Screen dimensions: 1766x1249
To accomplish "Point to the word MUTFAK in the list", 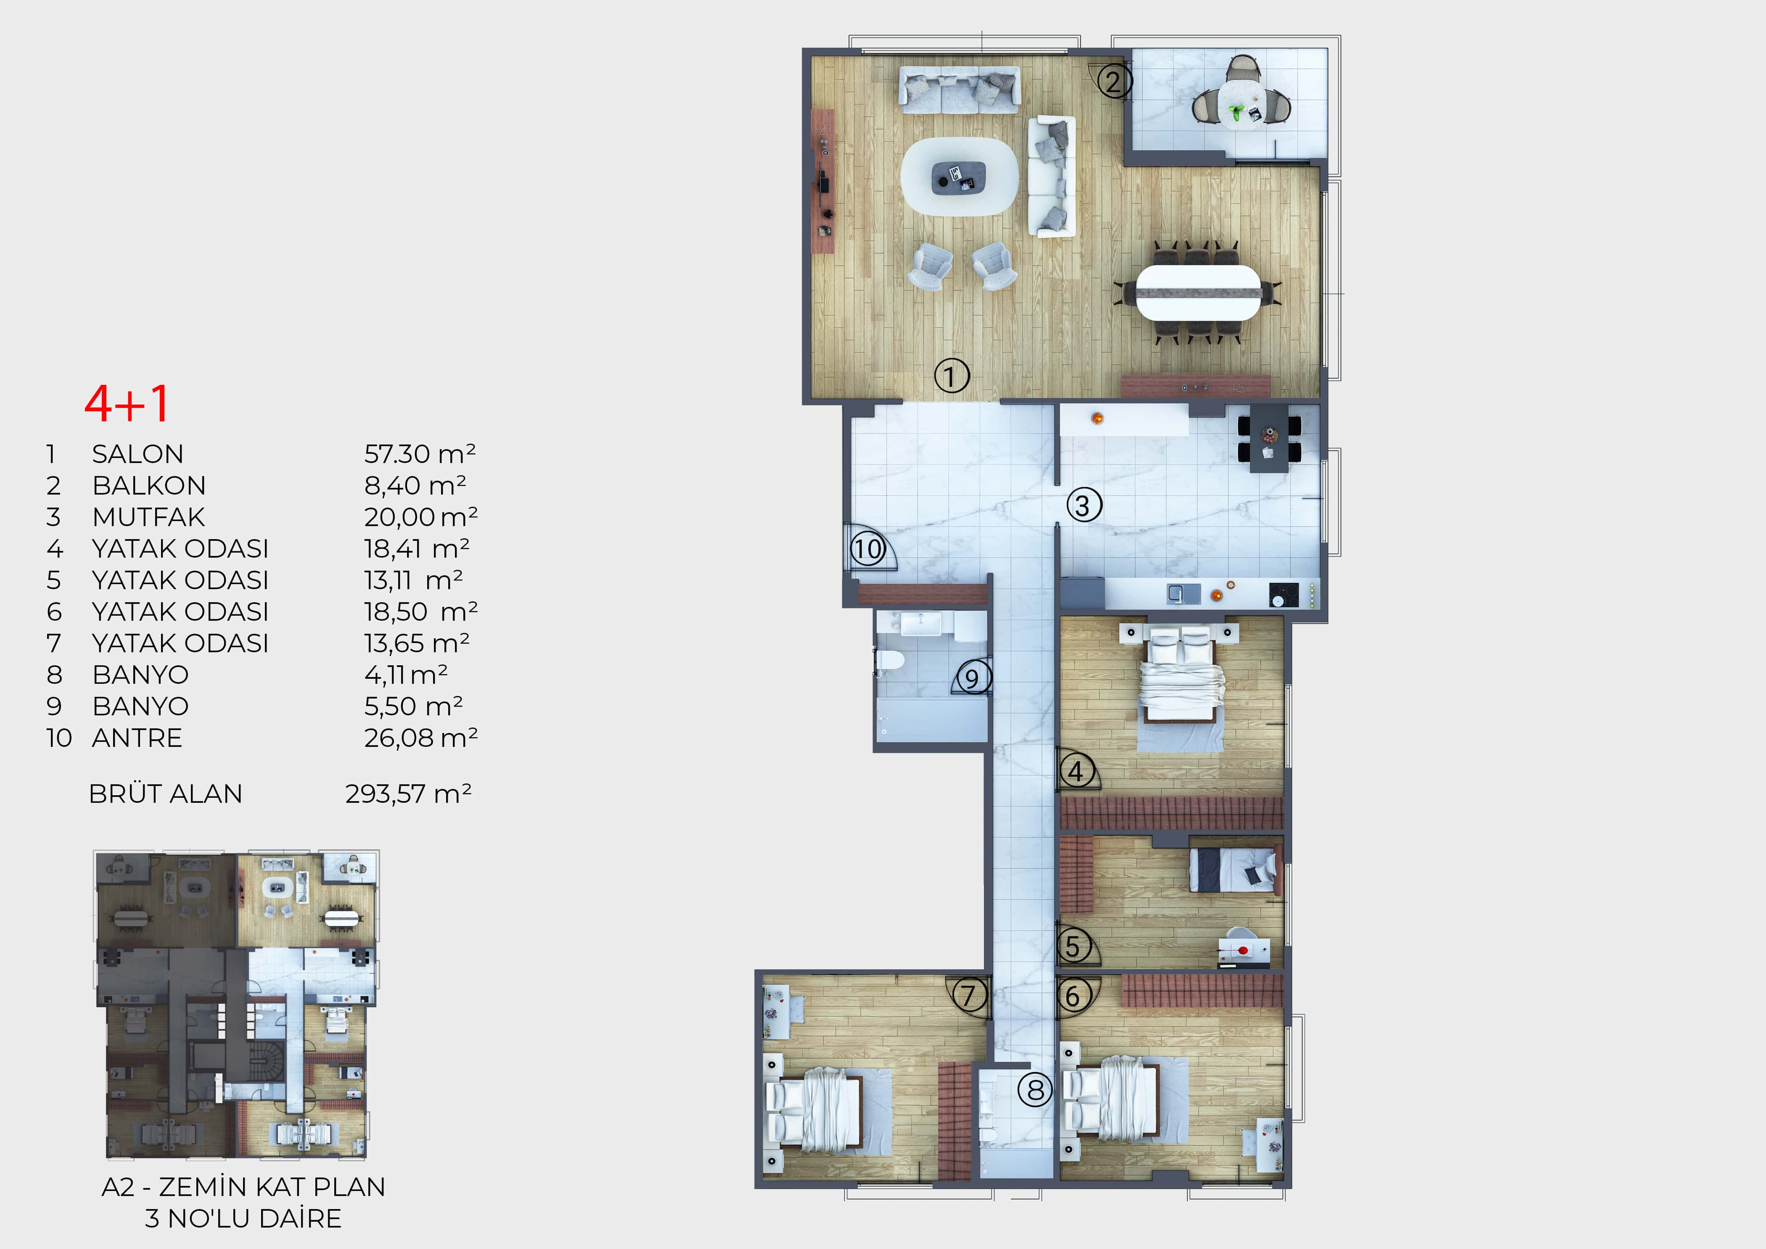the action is (x=148, y=517).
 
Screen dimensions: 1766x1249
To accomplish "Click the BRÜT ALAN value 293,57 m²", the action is (x=408, y=794).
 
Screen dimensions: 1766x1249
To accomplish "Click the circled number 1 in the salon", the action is (x=952, y=376).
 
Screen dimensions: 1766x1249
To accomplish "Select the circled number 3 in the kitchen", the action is (x=1084, y=505).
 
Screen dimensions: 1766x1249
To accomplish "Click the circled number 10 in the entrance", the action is (x=867, y=549).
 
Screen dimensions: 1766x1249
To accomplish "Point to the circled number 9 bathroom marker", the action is (x=973, y=677).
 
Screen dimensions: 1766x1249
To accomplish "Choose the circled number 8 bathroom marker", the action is (x=1035, y=1090).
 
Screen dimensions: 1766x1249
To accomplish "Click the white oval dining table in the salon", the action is (x=1198, y=292).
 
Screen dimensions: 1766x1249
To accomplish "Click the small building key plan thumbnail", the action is (x=237, y=1004).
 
